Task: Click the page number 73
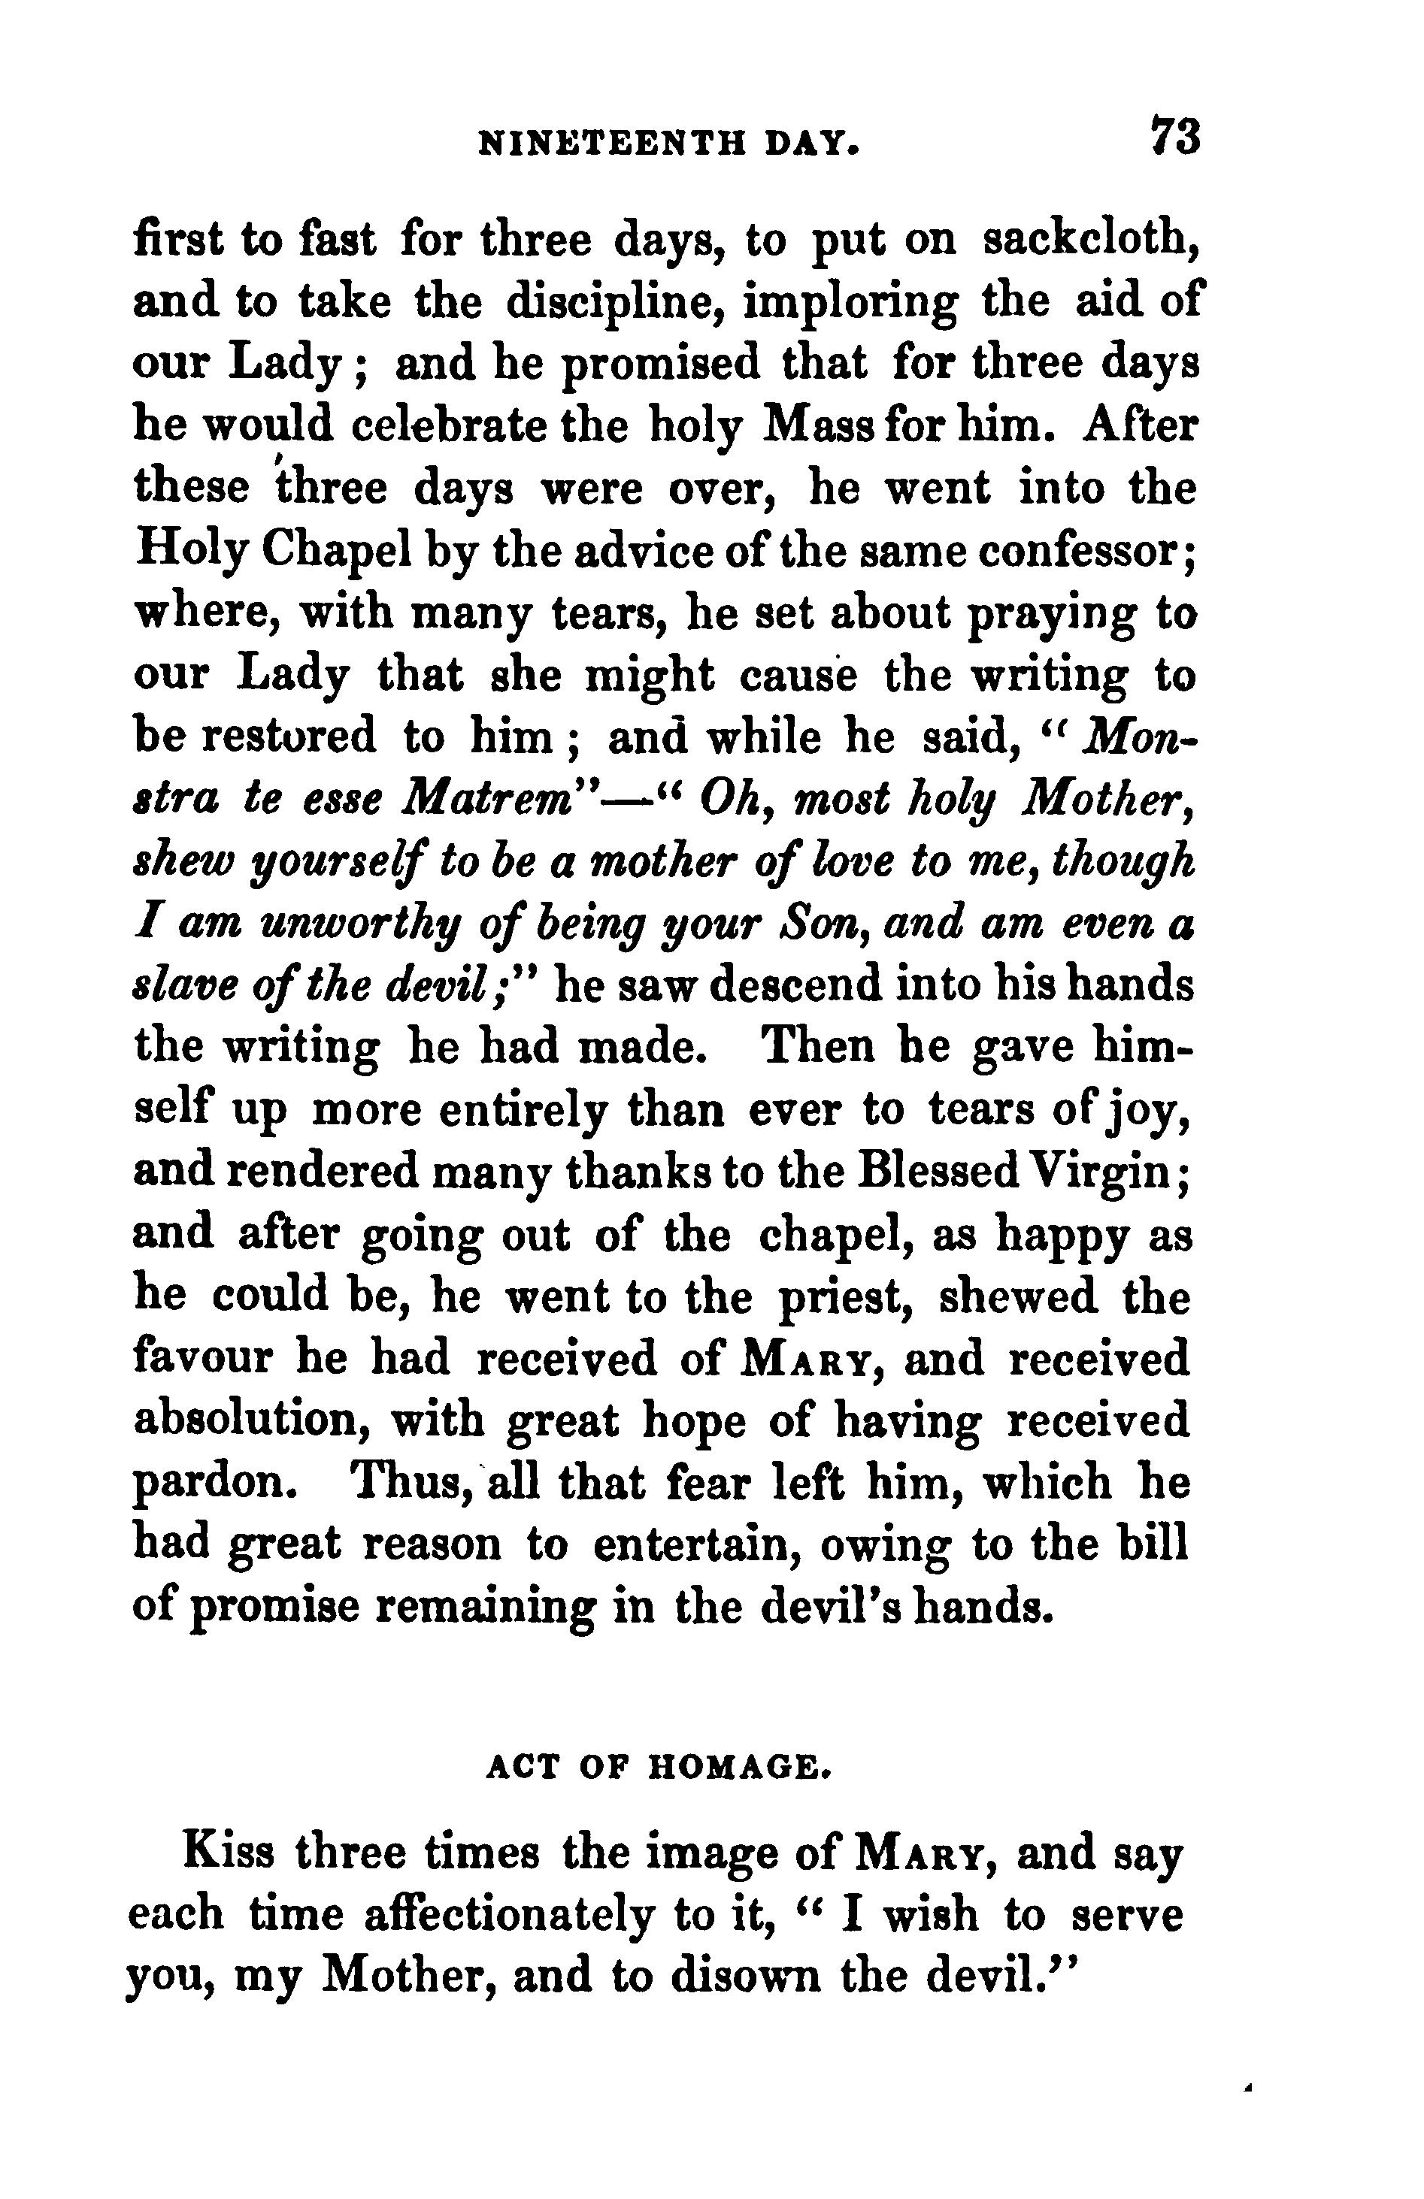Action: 1174,137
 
